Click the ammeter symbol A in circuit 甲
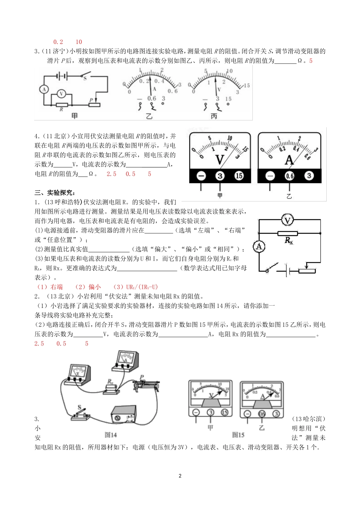44,89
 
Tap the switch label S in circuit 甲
85,78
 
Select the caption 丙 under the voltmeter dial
214,116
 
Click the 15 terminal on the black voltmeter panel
239,176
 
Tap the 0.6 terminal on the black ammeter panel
290,176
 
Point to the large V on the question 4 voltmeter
220,159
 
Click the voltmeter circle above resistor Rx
288,220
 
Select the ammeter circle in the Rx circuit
259,247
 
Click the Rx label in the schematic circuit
289,240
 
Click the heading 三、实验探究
55,193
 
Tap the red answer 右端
56,287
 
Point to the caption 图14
111,435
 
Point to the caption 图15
238,435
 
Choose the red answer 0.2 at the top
58,42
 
